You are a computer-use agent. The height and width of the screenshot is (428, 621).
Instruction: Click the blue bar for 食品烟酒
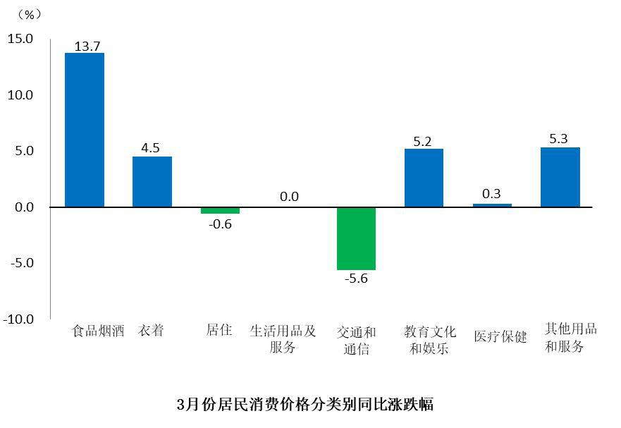coord(85,130)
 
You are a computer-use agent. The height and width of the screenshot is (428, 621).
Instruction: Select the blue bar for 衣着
coord(152,182)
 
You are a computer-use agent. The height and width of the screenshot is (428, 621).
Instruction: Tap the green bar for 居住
coord(220,210)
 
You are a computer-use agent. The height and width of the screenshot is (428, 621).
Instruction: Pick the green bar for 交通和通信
coord(356,238)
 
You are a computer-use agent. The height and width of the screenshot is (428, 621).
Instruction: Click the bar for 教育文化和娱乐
coord(424,178)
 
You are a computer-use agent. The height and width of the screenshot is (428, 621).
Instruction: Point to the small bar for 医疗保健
coord(492,205)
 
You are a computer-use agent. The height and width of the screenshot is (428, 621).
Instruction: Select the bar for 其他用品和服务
coord(560,177)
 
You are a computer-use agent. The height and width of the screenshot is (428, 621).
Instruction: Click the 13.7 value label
coord(85,46)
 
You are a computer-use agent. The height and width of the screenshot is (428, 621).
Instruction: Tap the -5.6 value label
coord(356,278)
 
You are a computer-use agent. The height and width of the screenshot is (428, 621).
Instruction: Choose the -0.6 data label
coord(220,224)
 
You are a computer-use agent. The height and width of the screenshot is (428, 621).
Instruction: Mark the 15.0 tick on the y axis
coord(20,39)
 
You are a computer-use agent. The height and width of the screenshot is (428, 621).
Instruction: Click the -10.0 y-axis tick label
coord(18,319)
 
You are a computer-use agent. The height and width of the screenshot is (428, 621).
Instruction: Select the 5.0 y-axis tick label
coord(23,151)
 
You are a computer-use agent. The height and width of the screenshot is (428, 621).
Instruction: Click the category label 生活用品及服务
coord(283,339)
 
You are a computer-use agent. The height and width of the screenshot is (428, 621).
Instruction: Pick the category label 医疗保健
coord(500,336)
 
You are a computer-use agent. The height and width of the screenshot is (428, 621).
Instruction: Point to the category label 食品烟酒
coord(98,331)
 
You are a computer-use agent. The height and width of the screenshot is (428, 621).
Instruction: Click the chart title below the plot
coord(305,405)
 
